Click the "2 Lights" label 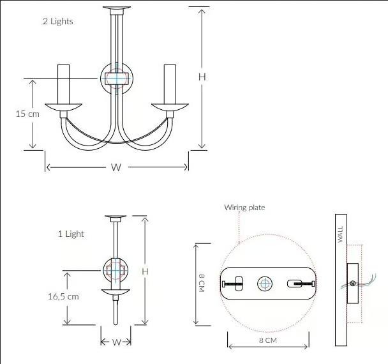58,21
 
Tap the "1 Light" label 71,234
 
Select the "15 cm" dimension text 27,114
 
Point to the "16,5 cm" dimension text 63,296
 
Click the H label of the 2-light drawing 202,77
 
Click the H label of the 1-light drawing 145,271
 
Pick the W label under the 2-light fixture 116,168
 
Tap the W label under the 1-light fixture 116,342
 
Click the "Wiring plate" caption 244,208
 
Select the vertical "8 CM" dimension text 202,283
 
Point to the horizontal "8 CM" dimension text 268,340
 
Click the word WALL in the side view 341,234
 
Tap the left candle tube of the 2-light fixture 64,84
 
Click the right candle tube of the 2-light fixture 170,84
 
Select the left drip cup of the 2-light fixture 64,107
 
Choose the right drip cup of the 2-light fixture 170,107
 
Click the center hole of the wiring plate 265,284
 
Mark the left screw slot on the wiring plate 239,284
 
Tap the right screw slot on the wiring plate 295,284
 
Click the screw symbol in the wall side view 353,283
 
